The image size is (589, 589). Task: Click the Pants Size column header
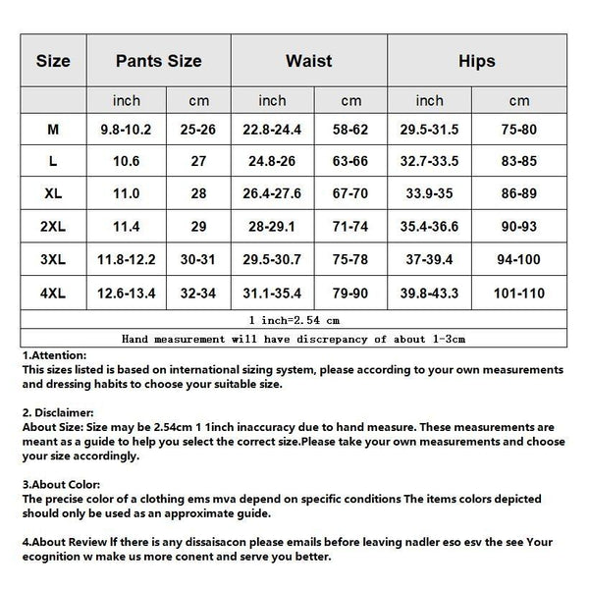tap(158, 61)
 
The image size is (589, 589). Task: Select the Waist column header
tap(308, 61)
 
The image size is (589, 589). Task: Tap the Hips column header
tap(476, 61)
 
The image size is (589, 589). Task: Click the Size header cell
tap(53, 61)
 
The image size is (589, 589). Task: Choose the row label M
tap(53, 129)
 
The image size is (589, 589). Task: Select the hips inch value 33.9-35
tap(430, 194)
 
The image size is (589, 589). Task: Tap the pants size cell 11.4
tap(127, 227)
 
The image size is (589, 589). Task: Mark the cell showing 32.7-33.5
tap(430, 162)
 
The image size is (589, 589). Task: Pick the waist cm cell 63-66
tap(350, 162)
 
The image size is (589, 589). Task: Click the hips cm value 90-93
tap(519, 227)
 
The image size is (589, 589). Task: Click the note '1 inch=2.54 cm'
tap(294, 320)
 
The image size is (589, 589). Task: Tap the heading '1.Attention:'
tap(54, 355)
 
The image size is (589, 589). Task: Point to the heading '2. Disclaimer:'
tap(58, 414)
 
